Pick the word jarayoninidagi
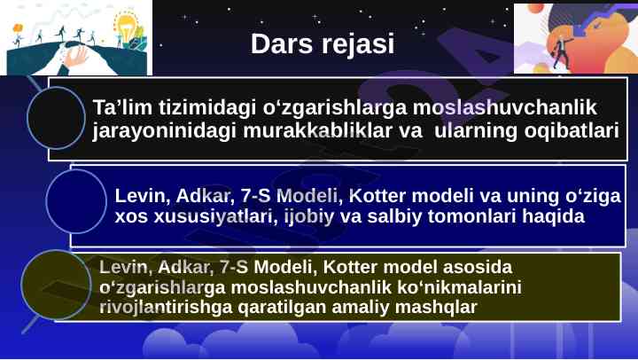click(x=164, y=131)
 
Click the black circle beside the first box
click(x=56, y=118)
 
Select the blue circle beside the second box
click(x=76, y=201)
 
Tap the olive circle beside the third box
click(x=56, y=285)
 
